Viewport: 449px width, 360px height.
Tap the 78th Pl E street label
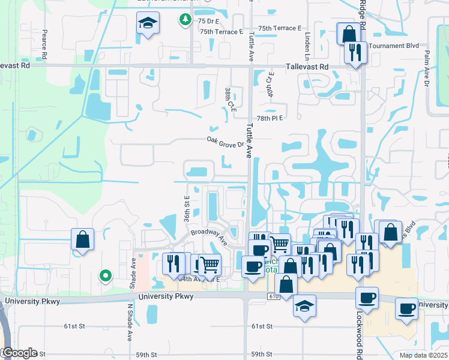(268, 119)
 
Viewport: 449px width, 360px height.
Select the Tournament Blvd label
(394, 46)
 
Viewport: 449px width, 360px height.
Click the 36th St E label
(187, 206)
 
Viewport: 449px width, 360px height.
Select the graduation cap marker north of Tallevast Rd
(146, 25)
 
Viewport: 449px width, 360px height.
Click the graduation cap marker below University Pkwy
(304, 305)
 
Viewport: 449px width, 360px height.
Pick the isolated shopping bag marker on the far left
(82, 239)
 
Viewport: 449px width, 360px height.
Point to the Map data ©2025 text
(424, 355)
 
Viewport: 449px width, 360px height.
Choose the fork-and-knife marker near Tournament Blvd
(356, 53)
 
